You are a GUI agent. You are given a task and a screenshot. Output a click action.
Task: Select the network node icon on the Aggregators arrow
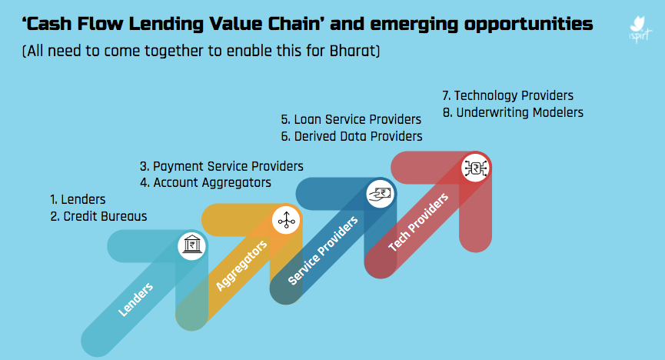point(285,221)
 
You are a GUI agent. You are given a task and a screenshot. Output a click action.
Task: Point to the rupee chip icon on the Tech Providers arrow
point(474,168)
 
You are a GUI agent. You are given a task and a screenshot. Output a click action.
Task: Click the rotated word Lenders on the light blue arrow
point(136,300)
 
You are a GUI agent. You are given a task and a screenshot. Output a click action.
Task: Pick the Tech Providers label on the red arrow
point(418,222)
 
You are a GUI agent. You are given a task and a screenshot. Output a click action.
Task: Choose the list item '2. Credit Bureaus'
point(98,216)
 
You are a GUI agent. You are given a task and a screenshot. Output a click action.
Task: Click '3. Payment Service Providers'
point(221,166)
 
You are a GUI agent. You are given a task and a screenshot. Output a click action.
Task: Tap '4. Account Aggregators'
point(205,182)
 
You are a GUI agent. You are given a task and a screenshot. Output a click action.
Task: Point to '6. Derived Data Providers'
point(351,136)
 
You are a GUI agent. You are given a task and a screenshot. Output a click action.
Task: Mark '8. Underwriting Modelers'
point(513,112)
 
